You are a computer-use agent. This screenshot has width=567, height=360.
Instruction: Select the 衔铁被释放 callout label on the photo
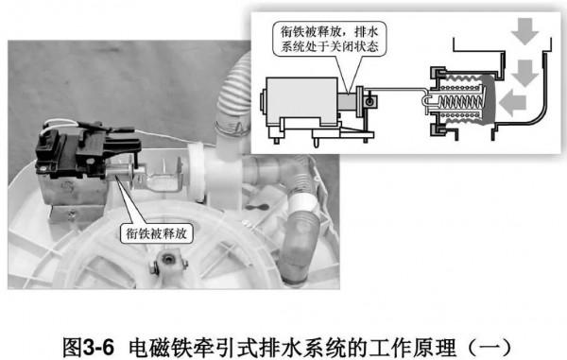tap(155, 231)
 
